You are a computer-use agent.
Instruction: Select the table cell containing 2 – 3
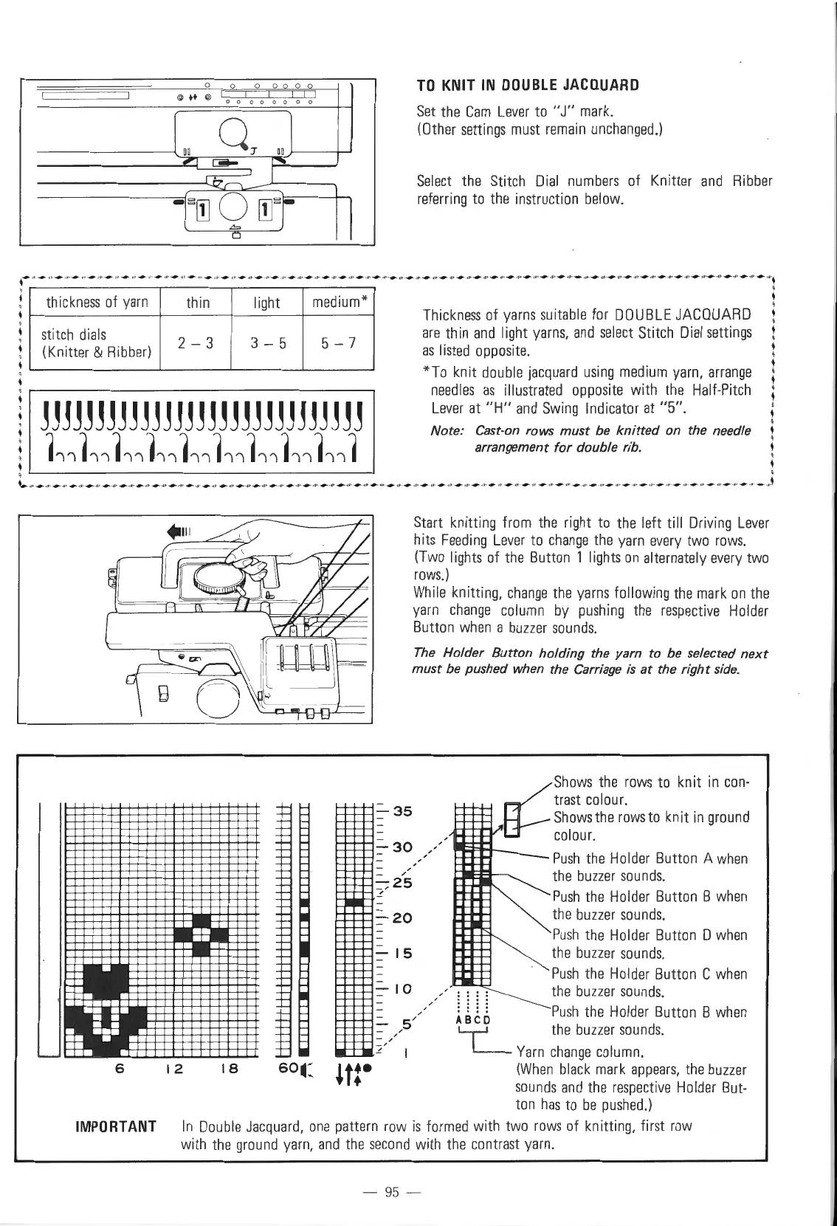(197, 342)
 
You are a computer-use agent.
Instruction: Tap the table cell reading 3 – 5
(266, 342)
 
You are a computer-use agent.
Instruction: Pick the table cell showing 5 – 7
(338, 342)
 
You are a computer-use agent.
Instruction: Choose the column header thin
(197, 302)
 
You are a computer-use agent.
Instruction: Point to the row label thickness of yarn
(97, 302)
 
